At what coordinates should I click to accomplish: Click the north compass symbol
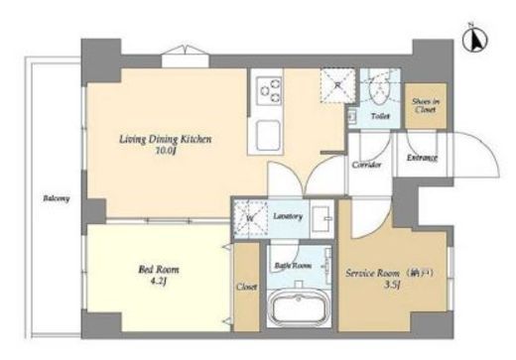[x=474, y=41]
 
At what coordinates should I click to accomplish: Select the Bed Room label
[x=153, y=268]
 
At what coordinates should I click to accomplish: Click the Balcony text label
[x=56, y=198]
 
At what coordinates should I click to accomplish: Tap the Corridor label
[x=367, y=165]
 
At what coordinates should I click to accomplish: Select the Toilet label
[x=380, y=116]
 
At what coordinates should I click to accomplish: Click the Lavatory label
[x=288, y=214]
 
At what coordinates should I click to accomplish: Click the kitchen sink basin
[x=267, y=132]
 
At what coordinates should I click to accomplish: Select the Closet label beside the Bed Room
[x=247, y=288]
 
